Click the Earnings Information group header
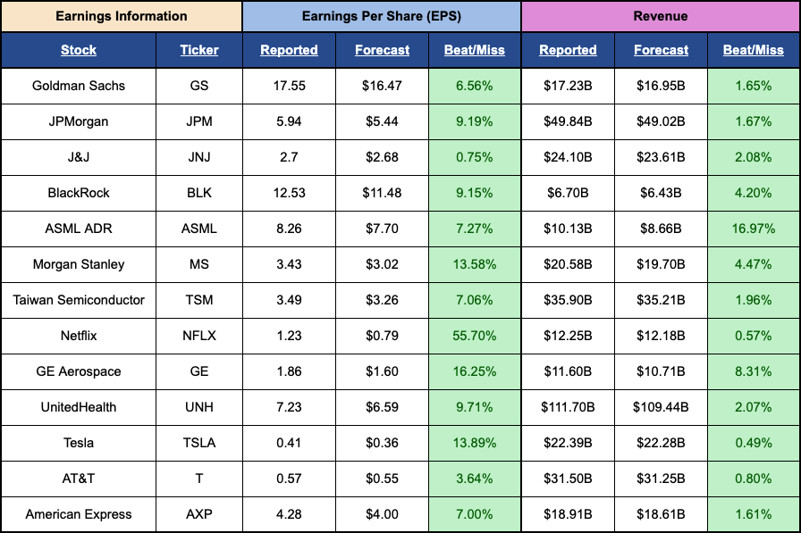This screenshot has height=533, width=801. coord(122,16)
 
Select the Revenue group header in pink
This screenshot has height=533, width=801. coord(660,16)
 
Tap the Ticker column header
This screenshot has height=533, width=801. coord(199,50)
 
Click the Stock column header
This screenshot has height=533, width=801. coord(79,50)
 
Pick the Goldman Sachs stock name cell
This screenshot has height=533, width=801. coord(79,86)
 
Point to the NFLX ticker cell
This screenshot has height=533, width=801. coord(199,336)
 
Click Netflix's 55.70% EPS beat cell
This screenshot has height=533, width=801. coord(475,336)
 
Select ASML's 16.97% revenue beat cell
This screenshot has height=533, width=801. coord(754,229)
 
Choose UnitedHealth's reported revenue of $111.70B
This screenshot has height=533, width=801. coord(568,407)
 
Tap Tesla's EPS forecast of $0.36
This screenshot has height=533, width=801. coord(382,443)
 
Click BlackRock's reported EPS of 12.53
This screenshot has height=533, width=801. coord(289,193)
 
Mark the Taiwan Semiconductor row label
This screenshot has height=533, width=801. coord(79,300)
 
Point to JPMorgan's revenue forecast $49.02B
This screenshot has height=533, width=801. coord(661,121)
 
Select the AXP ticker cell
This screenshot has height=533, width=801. coord(199,514)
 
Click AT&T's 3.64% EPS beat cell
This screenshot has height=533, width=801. coord(475,479)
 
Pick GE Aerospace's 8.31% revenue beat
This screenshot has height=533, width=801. coord(754,371)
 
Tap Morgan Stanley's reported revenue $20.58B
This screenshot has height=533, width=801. coord(568,264)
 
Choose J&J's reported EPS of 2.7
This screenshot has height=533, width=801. coord(289,157)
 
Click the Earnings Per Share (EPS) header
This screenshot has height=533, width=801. coord(382,16)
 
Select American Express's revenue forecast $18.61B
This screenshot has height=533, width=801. coord(661,514)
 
